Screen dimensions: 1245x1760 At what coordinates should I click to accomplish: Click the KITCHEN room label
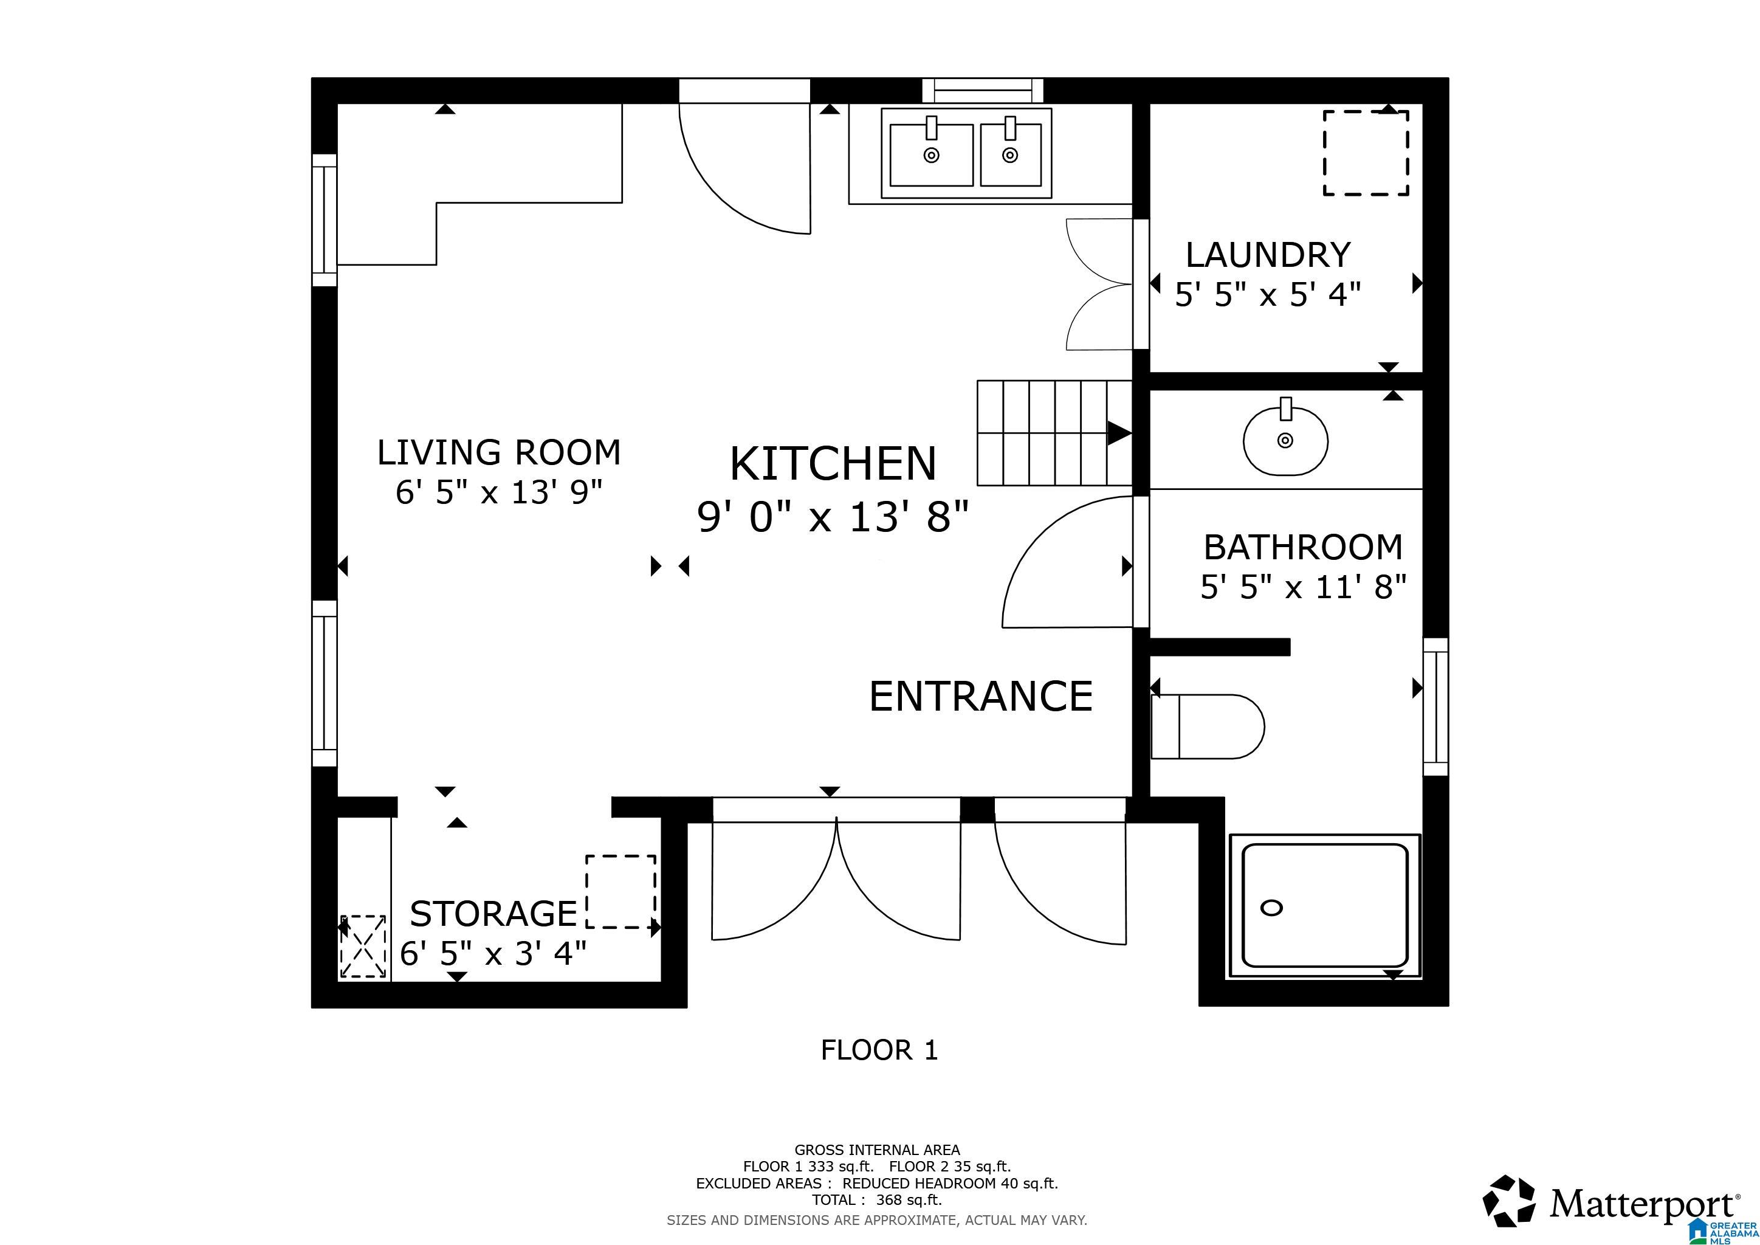coord(833,464)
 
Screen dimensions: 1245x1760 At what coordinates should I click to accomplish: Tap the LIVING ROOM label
coord(499,452)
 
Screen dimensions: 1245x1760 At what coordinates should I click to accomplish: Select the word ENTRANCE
coord(980,696)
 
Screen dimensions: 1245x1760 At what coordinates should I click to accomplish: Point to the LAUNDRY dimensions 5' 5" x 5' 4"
coord(1268,294)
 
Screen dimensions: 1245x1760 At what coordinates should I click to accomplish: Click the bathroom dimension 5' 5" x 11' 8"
coord(1303,587)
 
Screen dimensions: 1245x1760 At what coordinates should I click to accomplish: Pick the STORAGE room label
coord(493,914)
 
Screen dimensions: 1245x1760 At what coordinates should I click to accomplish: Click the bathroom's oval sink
coord(1285,441)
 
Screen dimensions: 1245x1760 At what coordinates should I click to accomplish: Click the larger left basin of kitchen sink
coord(932,156)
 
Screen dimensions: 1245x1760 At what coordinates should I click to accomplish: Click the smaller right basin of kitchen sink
coord(1010,156)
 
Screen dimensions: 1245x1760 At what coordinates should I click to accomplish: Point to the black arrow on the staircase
coord(1118,433)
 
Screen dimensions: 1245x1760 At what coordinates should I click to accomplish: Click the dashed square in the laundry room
coord(1365,153)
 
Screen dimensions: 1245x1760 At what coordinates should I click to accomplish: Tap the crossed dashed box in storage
coord(363,946)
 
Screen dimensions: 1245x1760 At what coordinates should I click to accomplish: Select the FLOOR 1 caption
coord(879,1049)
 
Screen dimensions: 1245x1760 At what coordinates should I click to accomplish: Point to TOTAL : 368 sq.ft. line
coord(876,1200)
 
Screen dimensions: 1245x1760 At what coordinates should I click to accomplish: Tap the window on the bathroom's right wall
coord(1435,707)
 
